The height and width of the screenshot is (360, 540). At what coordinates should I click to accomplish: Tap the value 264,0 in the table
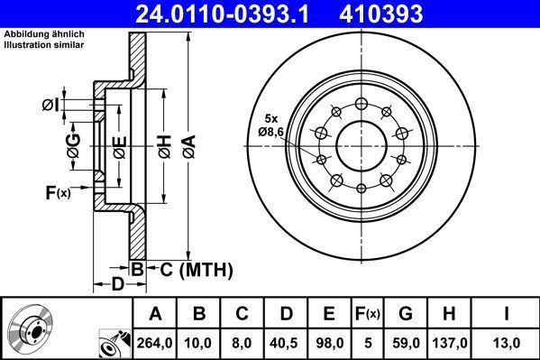[156, 342]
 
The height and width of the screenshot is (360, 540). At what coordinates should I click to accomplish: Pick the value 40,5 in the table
[284, 342]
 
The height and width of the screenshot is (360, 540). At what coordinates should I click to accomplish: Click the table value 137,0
[450, 342]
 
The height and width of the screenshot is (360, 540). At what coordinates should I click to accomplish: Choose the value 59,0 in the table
[407, 342]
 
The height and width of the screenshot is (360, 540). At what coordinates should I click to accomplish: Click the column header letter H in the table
[450, 313]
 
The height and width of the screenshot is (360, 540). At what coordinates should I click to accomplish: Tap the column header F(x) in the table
[368, 313]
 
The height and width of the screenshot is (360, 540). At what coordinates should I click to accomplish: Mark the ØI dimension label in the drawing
[50, 106]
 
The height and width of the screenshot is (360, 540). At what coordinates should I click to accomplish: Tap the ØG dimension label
[72, 144]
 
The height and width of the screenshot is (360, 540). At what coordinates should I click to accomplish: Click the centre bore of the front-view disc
[362, 142]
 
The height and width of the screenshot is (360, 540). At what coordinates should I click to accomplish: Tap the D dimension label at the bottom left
[117, 285]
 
